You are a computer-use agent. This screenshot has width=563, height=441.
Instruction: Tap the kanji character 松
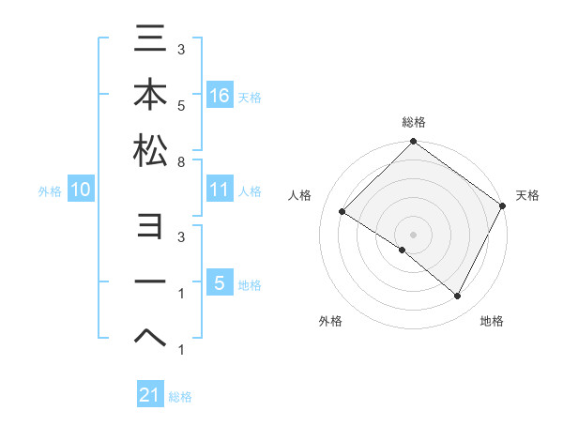[150, 150]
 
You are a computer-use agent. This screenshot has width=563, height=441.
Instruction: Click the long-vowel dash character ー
[150, 282]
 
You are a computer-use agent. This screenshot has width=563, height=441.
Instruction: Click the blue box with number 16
[219, 95]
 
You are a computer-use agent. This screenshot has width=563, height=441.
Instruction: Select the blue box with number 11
[219, 190]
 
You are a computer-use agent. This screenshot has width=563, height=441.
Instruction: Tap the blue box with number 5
[219, 282]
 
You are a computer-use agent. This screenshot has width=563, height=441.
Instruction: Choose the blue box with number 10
[81, 190]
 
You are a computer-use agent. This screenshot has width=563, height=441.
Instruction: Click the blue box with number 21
[150, 395]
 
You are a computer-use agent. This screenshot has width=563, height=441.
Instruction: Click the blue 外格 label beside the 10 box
[50, 190]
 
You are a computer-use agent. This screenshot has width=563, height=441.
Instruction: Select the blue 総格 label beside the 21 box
[180, 396]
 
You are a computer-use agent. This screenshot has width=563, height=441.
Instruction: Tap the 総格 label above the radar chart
[413, 123]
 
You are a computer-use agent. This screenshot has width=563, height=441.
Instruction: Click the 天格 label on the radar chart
[527, 195]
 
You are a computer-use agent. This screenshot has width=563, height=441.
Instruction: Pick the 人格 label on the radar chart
[299, 195]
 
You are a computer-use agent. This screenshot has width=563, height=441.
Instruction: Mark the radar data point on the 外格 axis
[403, 250]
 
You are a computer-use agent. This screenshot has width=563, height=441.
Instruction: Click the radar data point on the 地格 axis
[458, 296]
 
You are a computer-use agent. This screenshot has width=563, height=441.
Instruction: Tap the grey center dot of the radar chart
[413, 234]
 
